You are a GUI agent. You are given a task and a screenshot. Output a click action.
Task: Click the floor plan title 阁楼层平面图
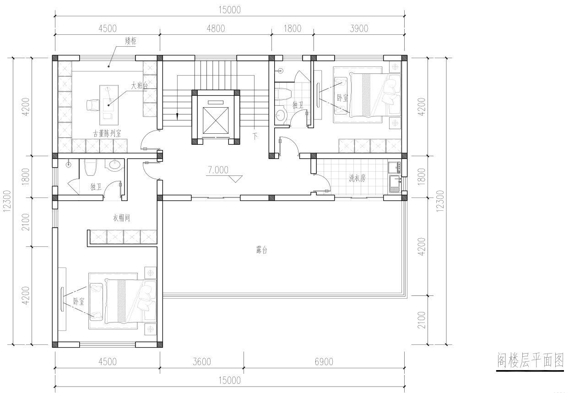(530, 360)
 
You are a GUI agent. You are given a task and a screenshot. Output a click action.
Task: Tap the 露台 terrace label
(261, 250)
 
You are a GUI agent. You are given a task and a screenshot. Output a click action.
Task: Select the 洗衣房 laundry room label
(357, 178)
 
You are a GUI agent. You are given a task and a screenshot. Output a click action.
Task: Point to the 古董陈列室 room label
(107, 133)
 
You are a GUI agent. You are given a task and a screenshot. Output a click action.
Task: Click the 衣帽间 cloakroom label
(121, 218)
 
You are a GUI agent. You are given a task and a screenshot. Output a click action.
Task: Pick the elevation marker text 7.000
(218, 170)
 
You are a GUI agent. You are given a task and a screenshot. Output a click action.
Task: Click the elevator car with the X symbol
(216, 120)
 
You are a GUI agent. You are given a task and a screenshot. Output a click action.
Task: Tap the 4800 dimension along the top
(216, 28)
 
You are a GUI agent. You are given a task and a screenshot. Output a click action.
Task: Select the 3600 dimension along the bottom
(202, 361)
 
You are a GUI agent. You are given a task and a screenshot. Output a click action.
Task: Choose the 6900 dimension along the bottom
(324, 361)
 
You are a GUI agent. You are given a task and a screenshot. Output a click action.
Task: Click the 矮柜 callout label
(130, 41)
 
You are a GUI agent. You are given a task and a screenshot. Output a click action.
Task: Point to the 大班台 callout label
(139, 86)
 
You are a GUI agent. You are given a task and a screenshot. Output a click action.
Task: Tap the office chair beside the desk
(92, 105)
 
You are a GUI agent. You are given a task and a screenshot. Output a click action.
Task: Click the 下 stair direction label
(255, 136)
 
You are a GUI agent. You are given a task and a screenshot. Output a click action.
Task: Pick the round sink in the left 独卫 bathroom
(114, 164)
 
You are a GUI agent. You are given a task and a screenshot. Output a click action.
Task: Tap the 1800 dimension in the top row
(293, 28)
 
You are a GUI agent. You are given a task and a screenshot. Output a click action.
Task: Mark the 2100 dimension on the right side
(421, 320)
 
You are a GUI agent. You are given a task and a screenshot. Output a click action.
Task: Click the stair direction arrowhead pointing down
(177, 116)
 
